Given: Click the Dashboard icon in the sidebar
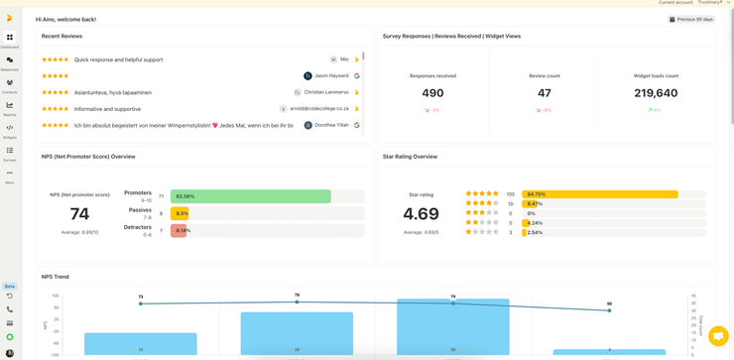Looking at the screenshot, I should pyautogui.click(x=10, y=38).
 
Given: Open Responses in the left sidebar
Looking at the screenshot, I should pyautogui.click(x=10, y=60).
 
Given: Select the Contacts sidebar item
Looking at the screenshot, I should pyautogui.click(x=10, y=83).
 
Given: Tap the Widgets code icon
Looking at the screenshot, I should pyautogui.click(x=10, y=128).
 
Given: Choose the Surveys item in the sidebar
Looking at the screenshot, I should pyautogui.click(x=10, y=151).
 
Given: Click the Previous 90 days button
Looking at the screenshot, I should pyautogui.click(x=691, y=19).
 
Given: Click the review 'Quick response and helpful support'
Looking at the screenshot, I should pyautogui.click(x=118, y=60).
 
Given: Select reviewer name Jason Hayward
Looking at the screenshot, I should pyautogui.click(x=332, y=76).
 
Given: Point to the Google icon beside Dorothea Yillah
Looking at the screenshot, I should pyautogui.click(x=357, y=126).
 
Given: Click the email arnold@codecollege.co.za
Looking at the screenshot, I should pyautogui.click(x=319, y=109).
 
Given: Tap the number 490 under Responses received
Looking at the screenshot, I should pyautogui.click(x=432, y=93).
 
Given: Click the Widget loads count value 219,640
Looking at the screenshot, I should pyautogui.click(x=656, y=93).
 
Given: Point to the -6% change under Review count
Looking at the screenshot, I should pyautogui.click(x=545, y=110).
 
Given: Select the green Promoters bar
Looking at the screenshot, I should pyautogui.click(x=250, y=196).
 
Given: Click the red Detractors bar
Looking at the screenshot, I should pyautogui.click(x=179, y=231).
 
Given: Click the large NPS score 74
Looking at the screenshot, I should pyautogui.click(x=79, y=214).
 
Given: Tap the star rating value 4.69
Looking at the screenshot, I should pyautogui.click(x=421, y=214).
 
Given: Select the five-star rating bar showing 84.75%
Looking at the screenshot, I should pyautogui.click(x=599, y=194).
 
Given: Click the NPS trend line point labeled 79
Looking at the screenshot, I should pyautogui.click(x=297, y=301).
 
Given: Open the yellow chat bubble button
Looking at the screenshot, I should pyautogui.click(x=718, y=336).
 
